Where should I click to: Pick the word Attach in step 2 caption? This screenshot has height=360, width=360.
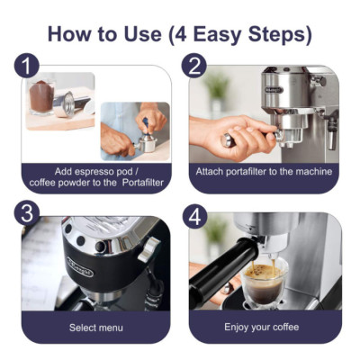211,171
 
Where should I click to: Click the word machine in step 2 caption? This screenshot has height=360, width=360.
312,171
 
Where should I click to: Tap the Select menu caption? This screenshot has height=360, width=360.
96,327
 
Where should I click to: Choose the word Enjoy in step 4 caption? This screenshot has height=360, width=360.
245,327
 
